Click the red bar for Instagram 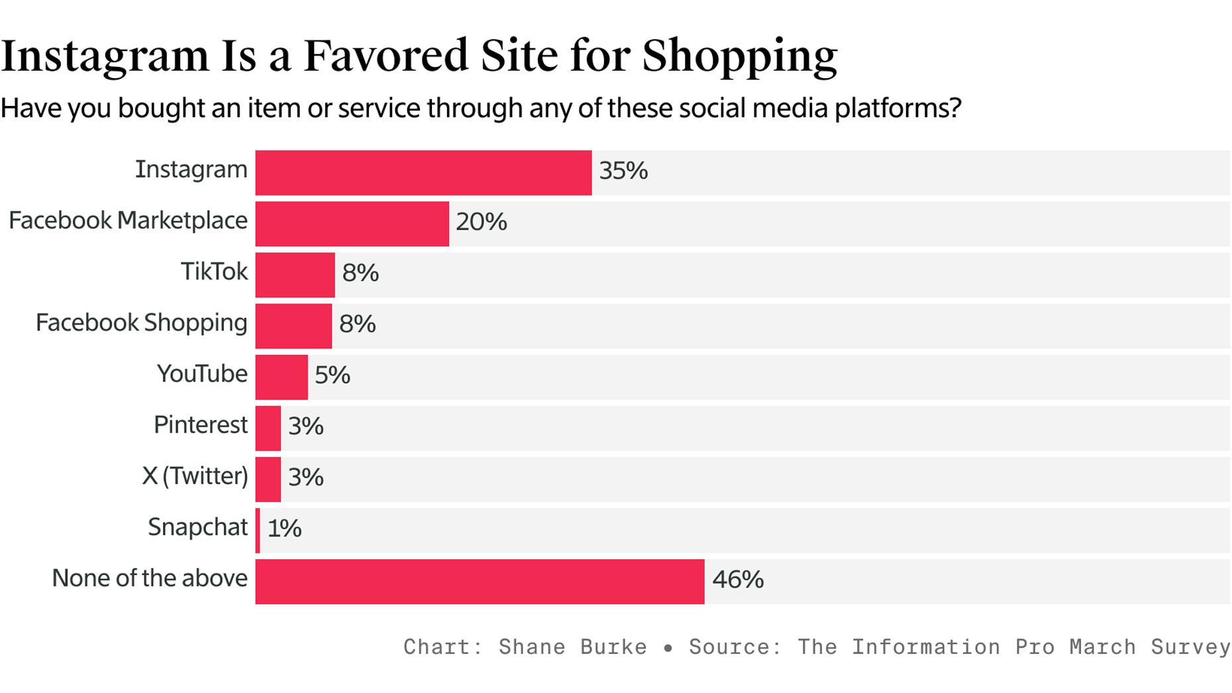423,173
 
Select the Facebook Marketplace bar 352,224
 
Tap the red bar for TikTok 295,275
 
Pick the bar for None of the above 480,582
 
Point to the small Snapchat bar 258,531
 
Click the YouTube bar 282,377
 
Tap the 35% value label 623,171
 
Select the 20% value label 481,222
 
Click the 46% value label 737,580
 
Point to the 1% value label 284,529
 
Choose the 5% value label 332,376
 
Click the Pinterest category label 200,425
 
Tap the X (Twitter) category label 195,476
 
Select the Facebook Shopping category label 141,323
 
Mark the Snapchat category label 197,527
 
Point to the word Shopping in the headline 739,57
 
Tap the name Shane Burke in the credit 572,647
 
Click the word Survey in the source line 1190,647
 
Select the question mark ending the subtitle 954,108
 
